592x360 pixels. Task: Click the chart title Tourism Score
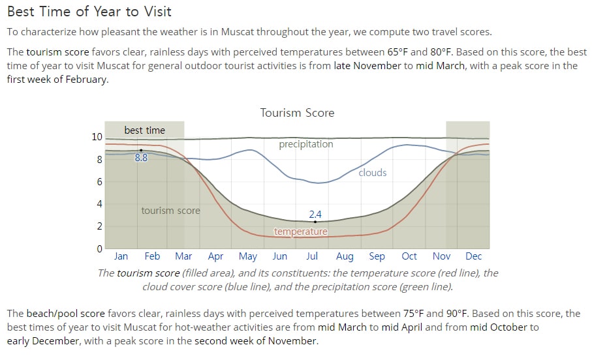tap(297, 113)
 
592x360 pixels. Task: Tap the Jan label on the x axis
tap(121, 256)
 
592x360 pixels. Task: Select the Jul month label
tap(312, 256)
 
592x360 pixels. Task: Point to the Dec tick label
tap(473, 256)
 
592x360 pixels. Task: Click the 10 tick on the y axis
tap(97, 136)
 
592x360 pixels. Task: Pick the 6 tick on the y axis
tap(99, 181)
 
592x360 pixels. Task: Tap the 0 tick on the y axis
tap(99, 248)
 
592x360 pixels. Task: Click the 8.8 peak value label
tap(141, 157)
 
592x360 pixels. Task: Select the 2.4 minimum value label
tap(315, 215)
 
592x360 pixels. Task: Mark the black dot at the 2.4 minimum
tap(315, 222)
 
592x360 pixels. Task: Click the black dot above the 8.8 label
tap(141, 150)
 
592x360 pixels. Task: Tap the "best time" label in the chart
tap(145, 130)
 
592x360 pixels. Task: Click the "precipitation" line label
tap(306, 144)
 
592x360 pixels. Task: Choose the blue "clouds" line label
tap(373, 172)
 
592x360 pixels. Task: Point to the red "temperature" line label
tap(301, 232)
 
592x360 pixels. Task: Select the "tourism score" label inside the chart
tap(170, 211)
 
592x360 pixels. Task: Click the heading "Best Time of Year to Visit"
tap(89, 11)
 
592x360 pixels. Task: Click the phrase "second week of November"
tap(256, 340)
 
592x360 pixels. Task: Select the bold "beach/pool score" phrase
tap(66, 314)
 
